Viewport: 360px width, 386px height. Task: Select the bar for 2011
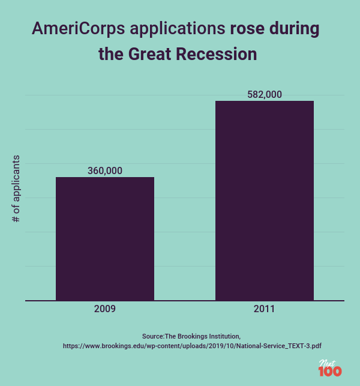[x=265, y=201]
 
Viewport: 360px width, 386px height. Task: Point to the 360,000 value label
[x=105, y=170]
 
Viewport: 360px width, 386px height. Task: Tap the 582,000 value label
[x=265, y=94]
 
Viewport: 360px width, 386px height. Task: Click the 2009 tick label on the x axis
[x=105, y=310]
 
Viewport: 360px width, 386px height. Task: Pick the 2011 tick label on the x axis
[x=265, y=310]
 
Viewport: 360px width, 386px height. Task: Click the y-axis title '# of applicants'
[x=16, y=189]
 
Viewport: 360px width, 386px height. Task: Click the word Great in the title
[x=149, y=55]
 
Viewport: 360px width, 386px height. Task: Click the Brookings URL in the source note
[x=192, y=346]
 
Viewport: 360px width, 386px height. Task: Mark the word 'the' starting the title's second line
[x=110, y=55]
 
